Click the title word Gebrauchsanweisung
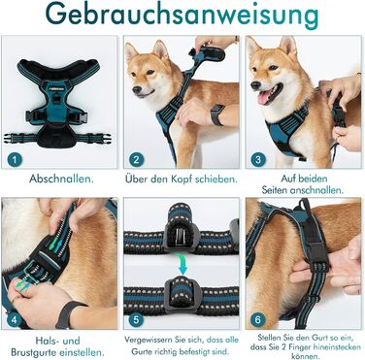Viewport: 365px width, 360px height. coord(182,16)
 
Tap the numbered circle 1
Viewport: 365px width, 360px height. coord(16,159)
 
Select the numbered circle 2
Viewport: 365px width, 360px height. coord(136,159)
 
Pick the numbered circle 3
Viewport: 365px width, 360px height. coord(258,159)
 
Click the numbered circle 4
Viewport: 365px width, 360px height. coord(15,320)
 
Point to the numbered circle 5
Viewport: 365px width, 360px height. coord(136,320)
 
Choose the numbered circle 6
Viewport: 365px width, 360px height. coord(257,320)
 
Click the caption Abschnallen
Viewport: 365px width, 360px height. coord(61,179)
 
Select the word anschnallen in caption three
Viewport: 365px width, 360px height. coord(315,190)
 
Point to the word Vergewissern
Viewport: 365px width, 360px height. coord(147,341)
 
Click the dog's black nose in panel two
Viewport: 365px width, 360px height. coord(137,89)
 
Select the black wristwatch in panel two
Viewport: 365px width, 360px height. coord(217,115)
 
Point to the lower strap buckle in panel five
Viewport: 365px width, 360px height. coord(181,297)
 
